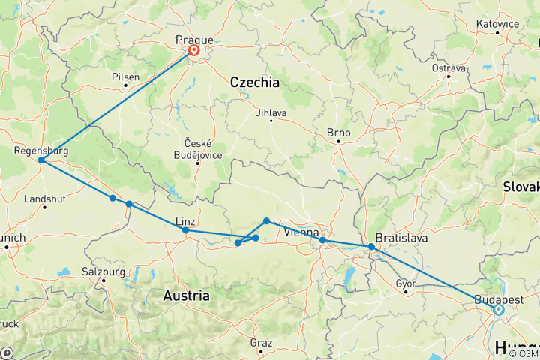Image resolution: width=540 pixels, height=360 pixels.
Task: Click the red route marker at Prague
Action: click(x=193, y=51)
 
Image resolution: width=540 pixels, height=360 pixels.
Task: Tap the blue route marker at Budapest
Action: click(x=499, y=309)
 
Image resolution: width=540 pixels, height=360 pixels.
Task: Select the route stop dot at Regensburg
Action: click(x=40, y=160)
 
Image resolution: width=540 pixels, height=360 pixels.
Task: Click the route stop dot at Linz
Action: click(x=185, y=230)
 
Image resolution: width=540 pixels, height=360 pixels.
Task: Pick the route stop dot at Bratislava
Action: click(x=371, y=247)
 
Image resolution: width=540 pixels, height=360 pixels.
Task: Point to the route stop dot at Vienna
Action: click(x=322, y=240)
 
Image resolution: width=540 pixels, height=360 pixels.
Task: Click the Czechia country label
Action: click(x=254, y=82)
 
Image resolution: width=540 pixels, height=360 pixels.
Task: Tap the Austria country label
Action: click(x=186, y=296)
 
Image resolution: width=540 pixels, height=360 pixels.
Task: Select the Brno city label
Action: click(x=338, y=132)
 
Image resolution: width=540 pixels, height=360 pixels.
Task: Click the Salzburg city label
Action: click(x=103, y=271)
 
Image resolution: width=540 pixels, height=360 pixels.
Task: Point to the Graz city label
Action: click(x=261, y=343)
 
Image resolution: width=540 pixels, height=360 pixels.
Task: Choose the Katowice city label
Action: click(x=497, y=24)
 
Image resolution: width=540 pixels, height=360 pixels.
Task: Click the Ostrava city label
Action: click(x=449, y=68)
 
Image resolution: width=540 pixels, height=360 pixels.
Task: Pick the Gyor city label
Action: click(x=405, y=283)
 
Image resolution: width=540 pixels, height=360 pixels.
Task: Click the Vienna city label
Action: click(x=301, y=232)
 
